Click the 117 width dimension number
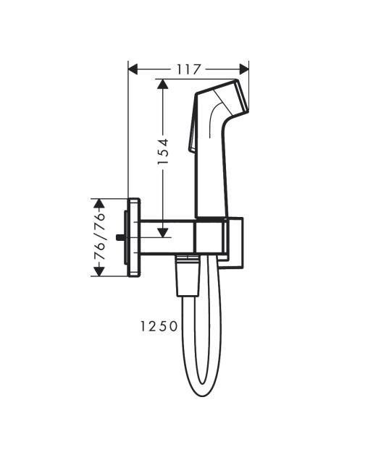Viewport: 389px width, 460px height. [188, 69]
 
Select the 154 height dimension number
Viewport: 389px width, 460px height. [163, 152]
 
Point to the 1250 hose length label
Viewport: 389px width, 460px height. [159, 326]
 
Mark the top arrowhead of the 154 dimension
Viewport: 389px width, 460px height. [163, 85]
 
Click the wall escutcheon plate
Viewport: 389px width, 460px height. [134, 237]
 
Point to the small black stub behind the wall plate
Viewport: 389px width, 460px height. [119, 237]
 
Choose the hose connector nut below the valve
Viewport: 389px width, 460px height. [187, 278]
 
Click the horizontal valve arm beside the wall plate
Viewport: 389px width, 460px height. [167, 237]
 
